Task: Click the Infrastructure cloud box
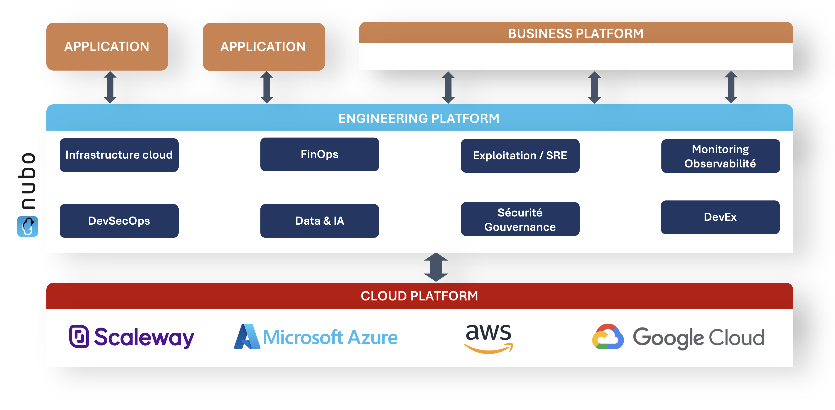[119, 155]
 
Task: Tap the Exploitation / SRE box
[520, 156]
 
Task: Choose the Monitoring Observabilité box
[720, 156]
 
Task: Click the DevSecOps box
[119, 221]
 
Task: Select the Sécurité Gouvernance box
[520, 219]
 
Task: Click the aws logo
[489, 337]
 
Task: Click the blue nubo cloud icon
[27, 226]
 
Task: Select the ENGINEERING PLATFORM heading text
[419, 118]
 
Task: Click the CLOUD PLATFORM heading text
[419, 296]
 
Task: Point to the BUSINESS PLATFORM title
[576, 33]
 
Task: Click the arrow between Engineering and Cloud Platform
[436, 267]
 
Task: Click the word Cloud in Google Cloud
[736, 338]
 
